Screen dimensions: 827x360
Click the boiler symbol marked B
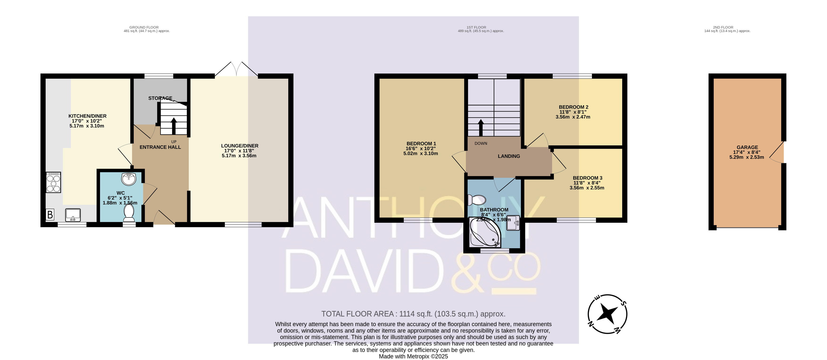[50, 214]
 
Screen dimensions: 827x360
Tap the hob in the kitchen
[53, 182]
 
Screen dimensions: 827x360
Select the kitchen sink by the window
[73, 215]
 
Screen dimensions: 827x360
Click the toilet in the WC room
[129, 213]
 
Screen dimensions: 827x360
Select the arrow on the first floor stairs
[481, 128]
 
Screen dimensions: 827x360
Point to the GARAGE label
[747, 147]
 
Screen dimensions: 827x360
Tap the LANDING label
[509, 156]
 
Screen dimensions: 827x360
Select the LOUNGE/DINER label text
[240, 146]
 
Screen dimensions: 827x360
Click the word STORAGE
[160, 98]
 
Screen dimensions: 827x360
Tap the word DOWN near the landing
[481, 143]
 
